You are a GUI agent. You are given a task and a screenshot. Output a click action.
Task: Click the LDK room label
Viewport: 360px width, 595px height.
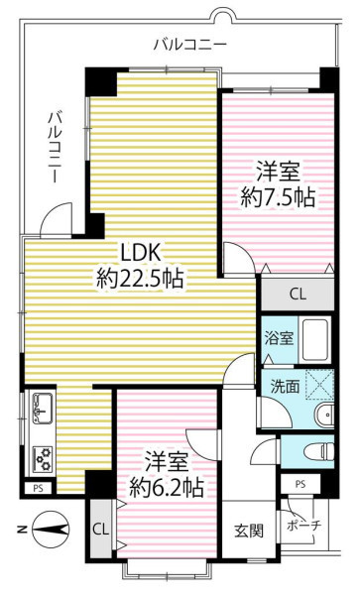(x=141, y=252)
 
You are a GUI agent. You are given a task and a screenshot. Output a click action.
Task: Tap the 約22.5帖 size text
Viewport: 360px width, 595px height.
(x=141, y=278)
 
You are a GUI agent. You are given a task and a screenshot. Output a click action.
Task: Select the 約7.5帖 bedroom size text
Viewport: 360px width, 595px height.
(x=278, y=197)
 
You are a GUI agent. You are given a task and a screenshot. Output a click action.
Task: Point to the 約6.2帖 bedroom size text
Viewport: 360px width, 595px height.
(x=167, y=488)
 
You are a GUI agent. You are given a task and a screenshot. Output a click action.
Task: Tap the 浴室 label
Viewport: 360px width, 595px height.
(x=280, y=338)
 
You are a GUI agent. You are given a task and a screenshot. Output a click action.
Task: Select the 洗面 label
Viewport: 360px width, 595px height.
(x=285, y=386)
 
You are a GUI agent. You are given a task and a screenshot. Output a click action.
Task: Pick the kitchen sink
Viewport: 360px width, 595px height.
(x=43, y=409)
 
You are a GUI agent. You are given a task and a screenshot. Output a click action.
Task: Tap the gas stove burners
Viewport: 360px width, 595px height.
(x=43, y=459)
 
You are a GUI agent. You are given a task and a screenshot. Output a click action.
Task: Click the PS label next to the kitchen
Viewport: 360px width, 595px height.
(x=38, y=488)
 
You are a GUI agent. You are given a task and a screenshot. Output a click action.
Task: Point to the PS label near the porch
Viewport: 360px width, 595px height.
(x=300, y=484)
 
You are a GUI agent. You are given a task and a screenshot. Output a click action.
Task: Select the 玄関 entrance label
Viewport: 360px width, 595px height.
(x=249, y=531)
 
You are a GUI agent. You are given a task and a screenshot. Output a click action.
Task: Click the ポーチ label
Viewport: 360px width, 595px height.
(x=304, y=526)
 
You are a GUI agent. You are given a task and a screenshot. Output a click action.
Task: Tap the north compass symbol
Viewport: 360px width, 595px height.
(x=50, y=529)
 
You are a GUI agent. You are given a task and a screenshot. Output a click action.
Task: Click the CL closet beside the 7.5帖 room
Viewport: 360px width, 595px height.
(x=298, y=295)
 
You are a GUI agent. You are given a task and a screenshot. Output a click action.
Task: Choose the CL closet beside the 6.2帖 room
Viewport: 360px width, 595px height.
(x=101, y=530)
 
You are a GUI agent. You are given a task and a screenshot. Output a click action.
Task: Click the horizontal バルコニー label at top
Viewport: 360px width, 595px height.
(x=190, y=45)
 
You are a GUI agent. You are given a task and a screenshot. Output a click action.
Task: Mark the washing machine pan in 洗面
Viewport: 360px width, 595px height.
(x=319, y=385)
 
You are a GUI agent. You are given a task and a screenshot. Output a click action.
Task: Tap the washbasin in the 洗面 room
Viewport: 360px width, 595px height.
(x=324, y=416)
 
